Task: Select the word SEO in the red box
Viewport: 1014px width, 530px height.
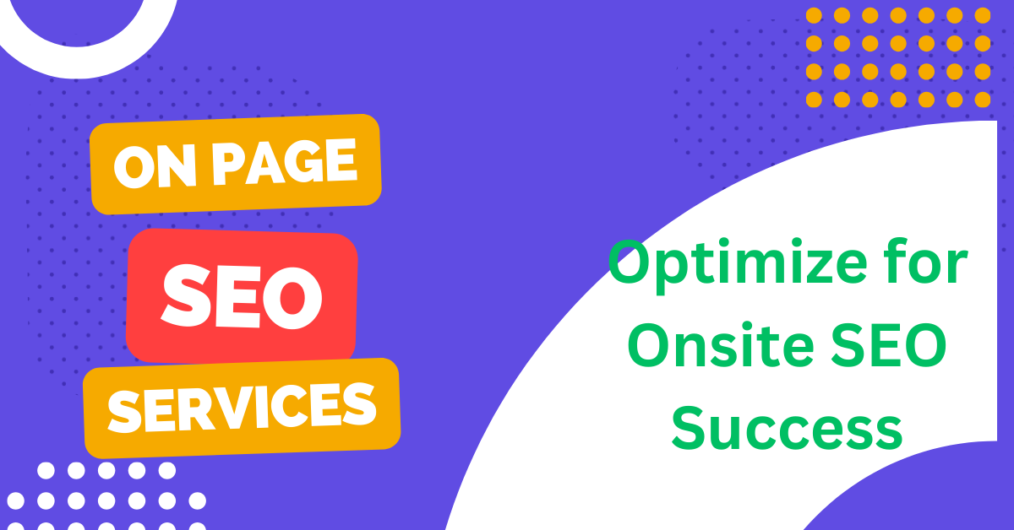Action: pyautogui.click(x=243, y=297)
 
